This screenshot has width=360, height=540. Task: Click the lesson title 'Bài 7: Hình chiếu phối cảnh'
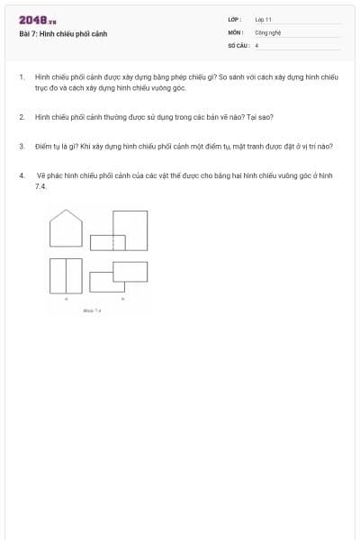pyautogui.click(x=63, y=33)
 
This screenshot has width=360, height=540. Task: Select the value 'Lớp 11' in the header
pyautogui.click(x=264, y=18)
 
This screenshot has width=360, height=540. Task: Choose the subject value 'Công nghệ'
pyautogui.click(x=268, y=31)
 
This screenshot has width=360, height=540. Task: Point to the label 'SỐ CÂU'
pyautogui.click(x=237, y=44)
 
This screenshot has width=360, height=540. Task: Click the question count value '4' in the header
pyautogui.click(x=256, y=44)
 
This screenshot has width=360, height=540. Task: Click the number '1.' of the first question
pyautogui.click(x=22, y=78)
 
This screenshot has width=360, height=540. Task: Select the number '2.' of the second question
pyautogui.click(x=22, y=117)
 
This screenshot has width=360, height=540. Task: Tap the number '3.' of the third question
pyautogui.click(x=22, y=146)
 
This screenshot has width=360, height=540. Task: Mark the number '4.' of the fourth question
pyautogui.click(x=22, y=175)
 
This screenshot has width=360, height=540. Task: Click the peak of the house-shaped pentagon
pyautogui.click(x=66, y=211)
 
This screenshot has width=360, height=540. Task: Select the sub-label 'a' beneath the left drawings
pyautogui.click(x=66, y=300)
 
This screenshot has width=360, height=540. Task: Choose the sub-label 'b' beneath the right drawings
pyautogui.click(x=122, y=299)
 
